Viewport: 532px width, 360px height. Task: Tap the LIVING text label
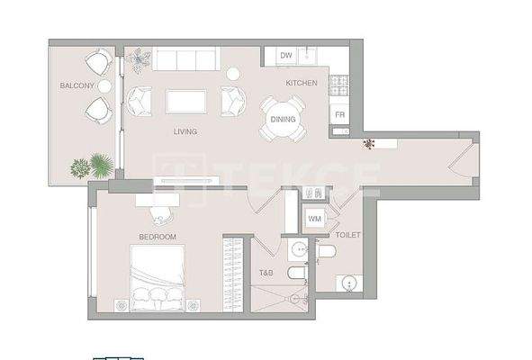[185, 131]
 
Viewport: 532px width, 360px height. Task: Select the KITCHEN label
[302, 83]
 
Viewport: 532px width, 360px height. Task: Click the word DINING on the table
[283, 119]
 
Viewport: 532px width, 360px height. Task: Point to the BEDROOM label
[157, 237]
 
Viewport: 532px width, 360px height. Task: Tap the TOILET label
[347, 235]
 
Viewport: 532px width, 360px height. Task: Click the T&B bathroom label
[266, 273]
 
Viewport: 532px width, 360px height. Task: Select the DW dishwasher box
[285, 57]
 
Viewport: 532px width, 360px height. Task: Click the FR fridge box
[339, 115]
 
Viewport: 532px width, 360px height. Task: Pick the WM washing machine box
[314, 219]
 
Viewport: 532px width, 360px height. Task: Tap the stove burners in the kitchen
[340, 85]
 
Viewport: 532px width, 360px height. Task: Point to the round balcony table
[104, 85]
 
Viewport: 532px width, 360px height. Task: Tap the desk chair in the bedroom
[160, 213]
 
